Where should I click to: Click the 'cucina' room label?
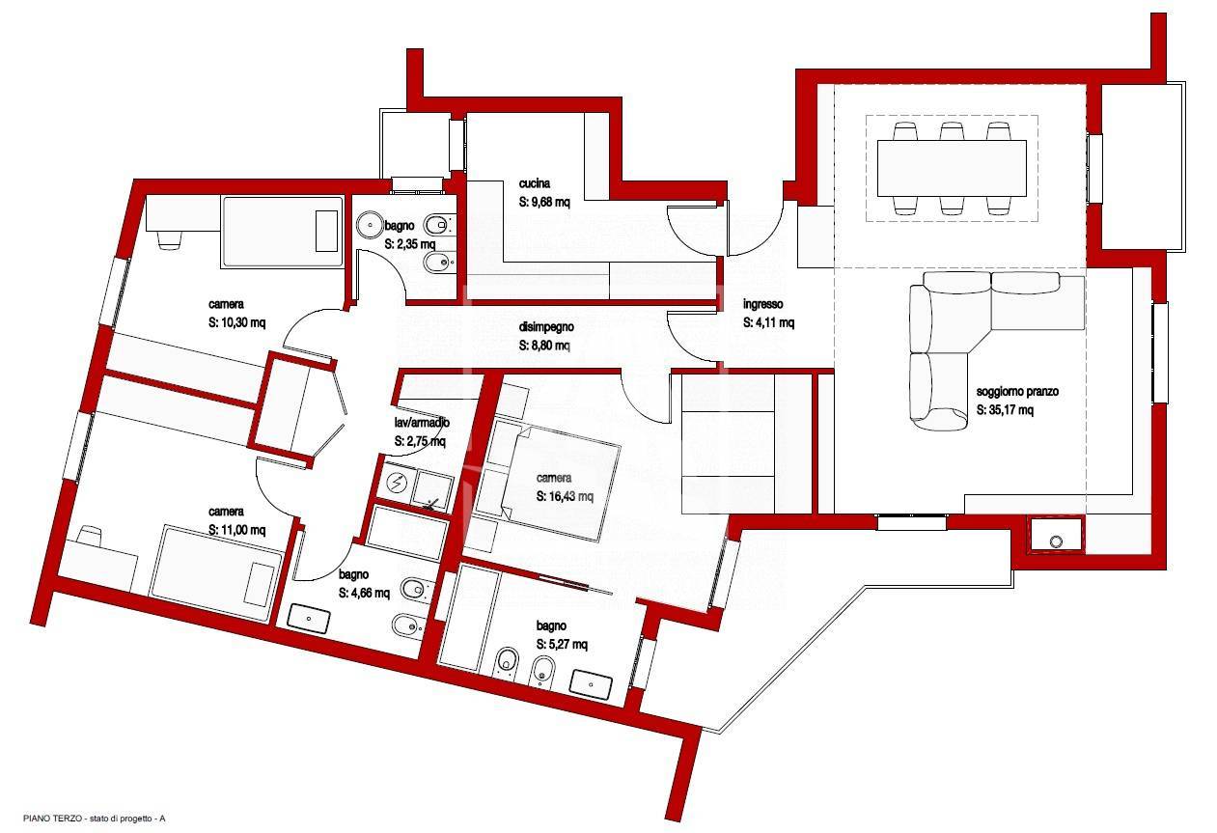[534, 183]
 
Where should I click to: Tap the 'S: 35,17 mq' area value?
[1005, 409]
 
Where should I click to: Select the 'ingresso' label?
[762, 304]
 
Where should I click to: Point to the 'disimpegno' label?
[546, 327]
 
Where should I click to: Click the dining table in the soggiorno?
[952, 168]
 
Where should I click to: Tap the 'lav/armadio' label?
[422, 422]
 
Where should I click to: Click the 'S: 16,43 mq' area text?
[565, 496]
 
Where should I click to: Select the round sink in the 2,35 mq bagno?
[371, 224]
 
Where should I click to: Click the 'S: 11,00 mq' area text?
[236, 530]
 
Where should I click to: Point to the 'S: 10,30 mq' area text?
[236, 322]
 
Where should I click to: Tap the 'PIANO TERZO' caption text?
[53, 818]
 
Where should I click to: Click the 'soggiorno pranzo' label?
[1017, 392]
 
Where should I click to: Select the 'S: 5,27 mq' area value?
[562, 645]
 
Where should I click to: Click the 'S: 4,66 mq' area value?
[364, 594]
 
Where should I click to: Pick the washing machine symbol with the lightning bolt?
[400, 482]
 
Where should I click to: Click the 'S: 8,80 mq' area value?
[544, 346]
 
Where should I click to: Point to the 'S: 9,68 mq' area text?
[544, 202]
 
